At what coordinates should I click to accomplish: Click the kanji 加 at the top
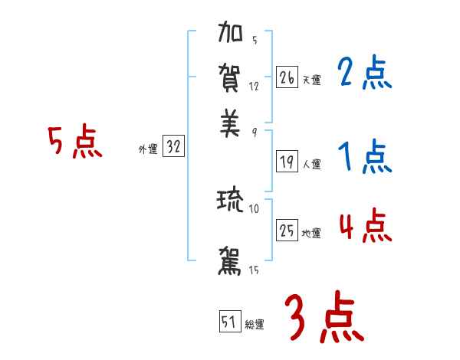pyautogui.click(x=231, y=34)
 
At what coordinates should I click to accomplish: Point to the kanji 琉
pyautogui.click(x=231, y=201)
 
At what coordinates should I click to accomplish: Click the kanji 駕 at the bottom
pyautogui.click(x=231, y=260)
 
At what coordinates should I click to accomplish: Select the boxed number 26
pyautogui.click(x=287, y=77)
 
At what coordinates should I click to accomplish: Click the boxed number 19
pyautogui.click(x=287, y=162)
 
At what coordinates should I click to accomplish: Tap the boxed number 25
pyautogui.click(x=287, y=231)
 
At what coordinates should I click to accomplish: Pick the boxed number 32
pyautogui.click(x=173, y=148)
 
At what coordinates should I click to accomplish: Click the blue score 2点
pyautogui.click(x=364, y=75)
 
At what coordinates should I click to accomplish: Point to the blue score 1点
pyautogui.click(x=364, y=158)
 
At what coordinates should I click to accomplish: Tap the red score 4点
pyautogui.click(x=364, y=226)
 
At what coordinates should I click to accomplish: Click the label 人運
pyautogui.click(x=311, y=164)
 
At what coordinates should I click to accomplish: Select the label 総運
pyautogui.click(x=255, y=325)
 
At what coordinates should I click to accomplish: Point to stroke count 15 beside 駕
pyautogui.click(x=253, y=270)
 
